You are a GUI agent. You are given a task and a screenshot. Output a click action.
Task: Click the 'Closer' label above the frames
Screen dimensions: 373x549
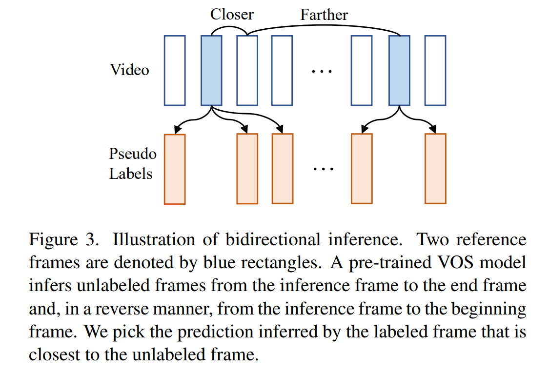tap(232, 14)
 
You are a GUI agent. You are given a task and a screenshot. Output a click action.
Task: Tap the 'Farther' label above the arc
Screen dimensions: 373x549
tap(324, 15)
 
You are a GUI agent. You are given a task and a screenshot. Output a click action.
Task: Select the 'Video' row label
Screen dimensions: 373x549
tap(129, 70)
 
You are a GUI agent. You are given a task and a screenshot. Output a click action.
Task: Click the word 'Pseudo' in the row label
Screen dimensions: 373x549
tap(133, 154)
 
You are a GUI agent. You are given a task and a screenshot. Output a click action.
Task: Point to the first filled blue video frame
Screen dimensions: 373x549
tap(211, 70)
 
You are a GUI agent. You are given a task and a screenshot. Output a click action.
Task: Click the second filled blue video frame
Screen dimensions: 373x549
tap(399, 70)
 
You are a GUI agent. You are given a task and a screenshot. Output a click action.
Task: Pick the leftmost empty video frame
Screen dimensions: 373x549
tap(175, 70)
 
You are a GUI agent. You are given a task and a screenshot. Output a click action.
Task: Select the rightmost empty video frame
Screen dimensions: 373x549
tap(435, 70)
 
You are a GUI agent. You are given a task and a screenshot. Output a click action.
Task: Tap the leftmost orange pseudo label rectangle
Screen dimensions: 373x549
tap(175, 169)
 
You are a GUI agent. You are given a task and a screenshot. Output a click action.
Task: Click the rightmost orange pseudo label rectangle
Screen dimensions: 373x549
tap(435, 169)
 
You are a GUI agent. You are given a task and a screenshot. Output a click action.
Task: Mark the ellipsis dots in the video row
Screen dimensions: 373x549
tap(322, 71)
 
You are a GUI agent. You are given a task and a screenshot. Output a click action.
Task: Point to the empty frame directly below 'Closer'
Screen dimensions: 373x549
tap(247, 70)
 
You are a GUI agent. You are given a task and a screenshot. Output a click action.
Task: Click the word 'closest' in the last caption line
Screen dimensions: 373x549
tap(54, 354)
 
